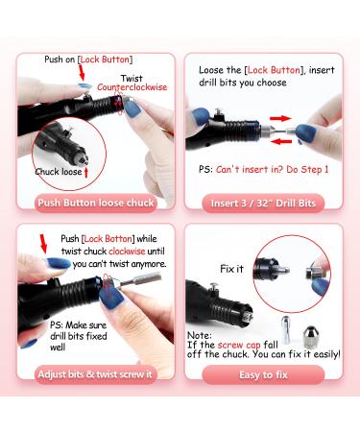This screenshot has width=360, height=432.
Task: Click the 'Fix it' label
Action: point(229,269)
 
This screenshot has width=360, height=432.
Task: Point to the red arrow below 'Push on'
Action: point(84,71)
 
